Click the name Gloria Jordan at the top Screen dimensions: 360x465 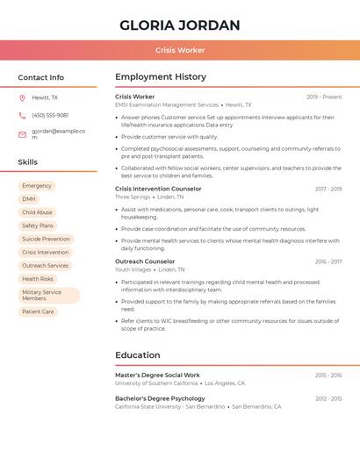tap(179, 25)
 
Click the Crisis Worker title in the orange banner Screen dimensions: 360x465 tap(180, 51)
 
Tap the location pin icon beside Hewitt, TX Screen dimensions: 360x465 tap(22, 98)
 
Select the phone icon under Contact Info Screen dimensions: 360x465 tap(22, 115)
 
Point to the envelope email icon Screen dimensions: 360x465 tap(22, 134)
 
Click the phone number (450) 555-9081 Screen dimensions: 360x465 tap(50, 115)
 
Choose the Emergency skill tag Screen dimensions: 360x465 tap(37, 186)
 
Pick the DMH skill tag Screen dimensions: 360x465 tap(29, 199)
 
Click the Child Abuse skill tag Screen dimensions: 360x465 tap(37, 212)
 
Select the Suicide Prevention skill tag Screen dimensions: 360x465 tap(46, 239)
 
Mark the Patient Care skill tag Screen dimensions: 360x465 tap(38, 311)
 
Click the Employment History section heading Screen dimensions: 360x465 tap(161, 77)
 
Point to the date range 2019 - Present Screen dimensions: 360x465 tap(324, 97)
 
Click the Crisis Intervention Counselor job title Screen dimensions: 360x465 tap(158, 189)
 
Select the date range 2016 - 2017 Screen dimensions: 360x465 tap(328, 261)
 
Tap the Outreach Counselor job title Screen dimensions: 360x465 tap(145, 261)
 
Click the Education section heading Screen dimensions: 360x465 tap(137, 355)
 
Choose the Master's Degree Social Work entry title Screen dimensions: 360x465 tap(157, 375)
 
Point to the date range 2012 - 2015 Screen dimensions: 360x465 tap(328, 398)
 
